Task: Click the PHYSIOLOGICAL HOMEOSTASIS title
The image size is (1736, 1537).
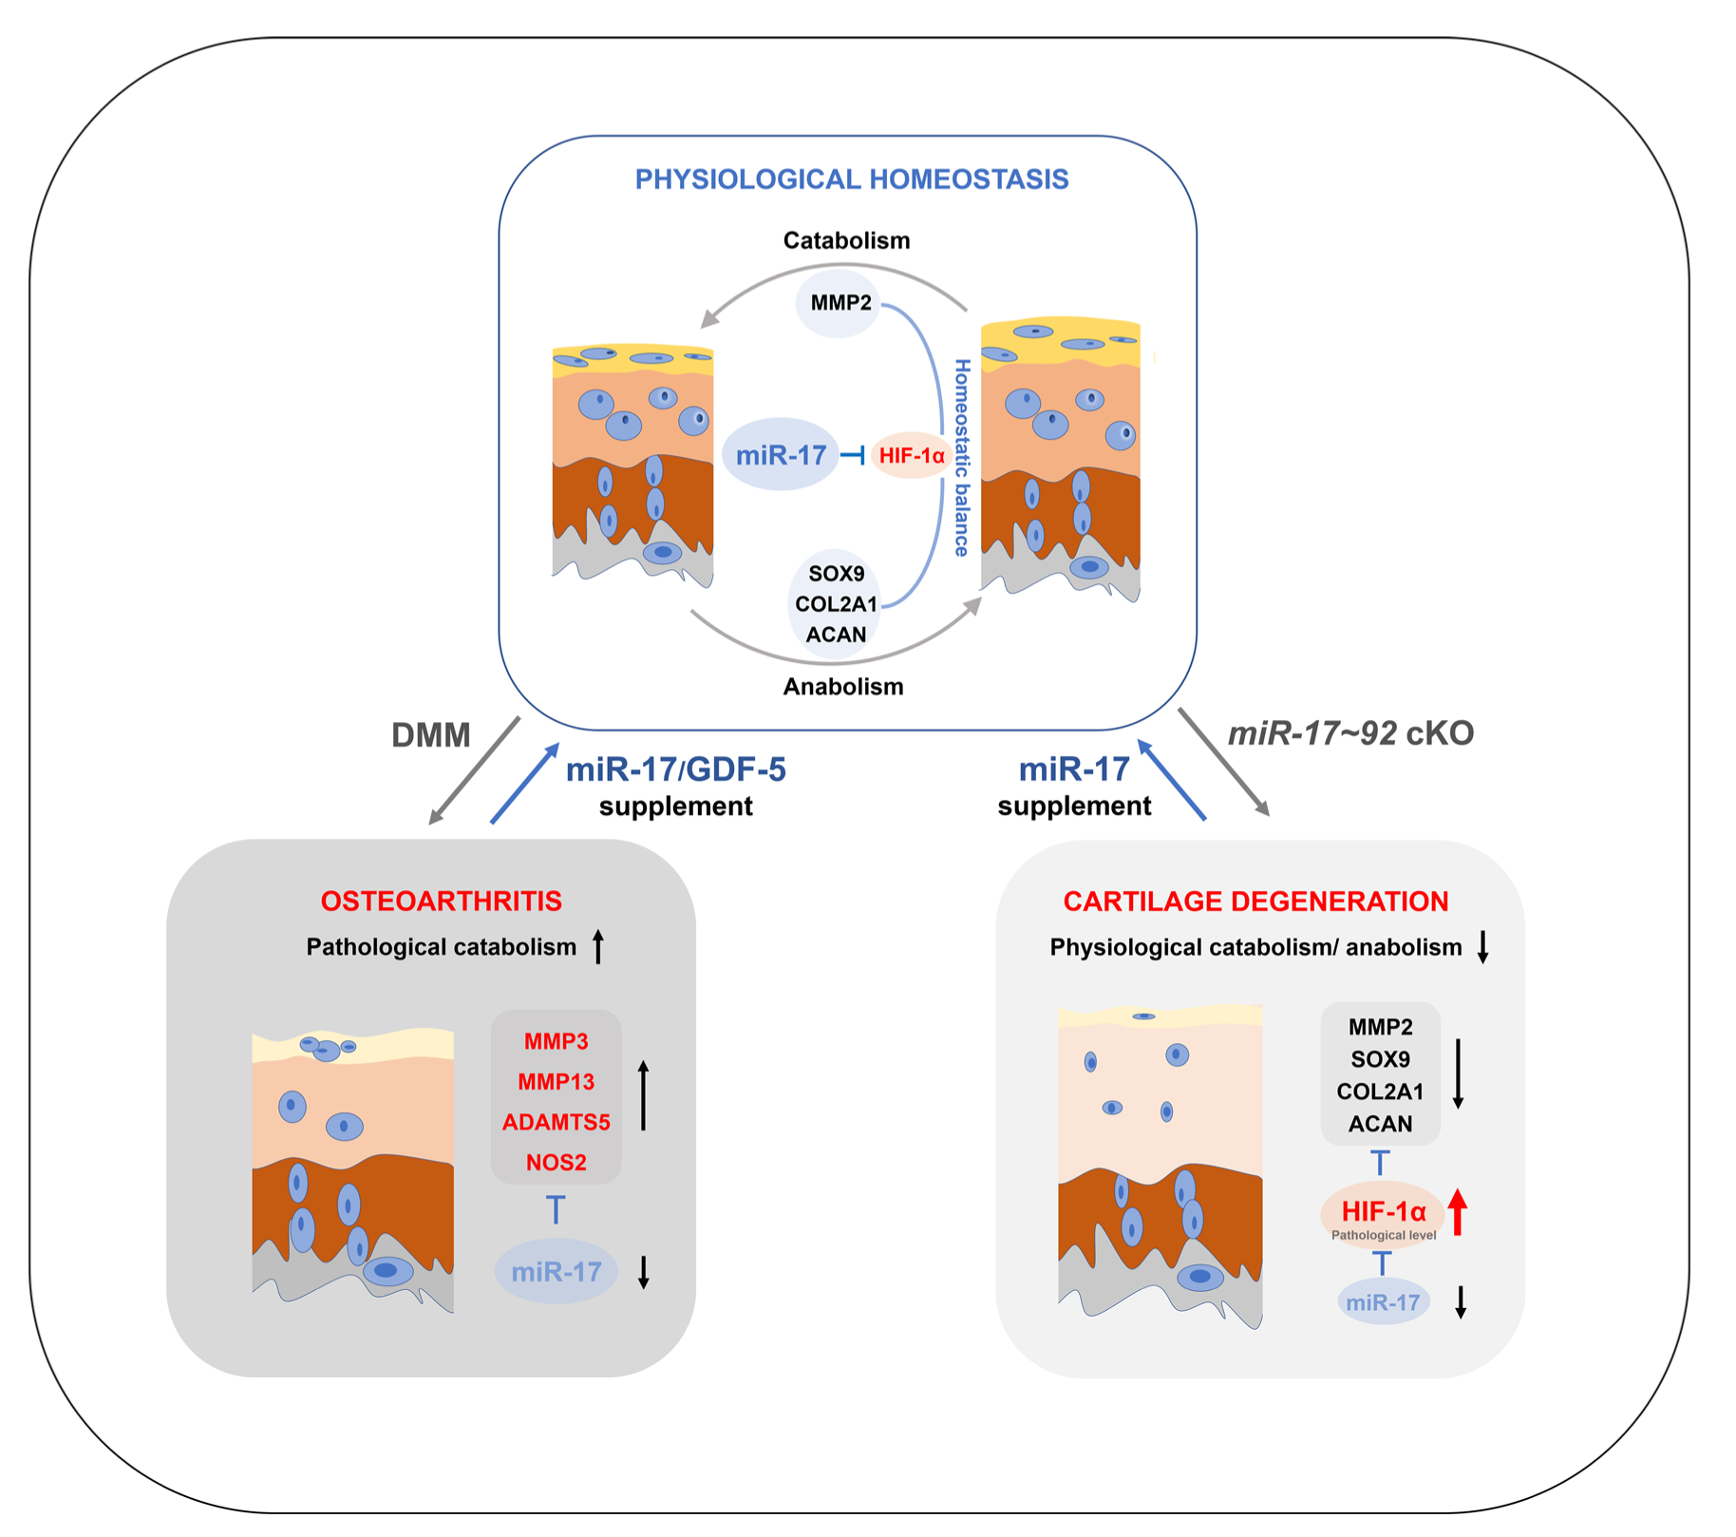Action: coord(851,180)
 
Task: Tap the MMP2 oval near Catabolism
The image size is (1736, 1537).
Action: coord(840,303)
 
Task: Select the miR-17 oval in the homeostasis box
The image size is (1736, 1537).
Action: coord(781,455)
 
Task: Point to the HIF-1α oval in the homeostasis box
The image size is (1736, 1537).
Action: coord(912,456)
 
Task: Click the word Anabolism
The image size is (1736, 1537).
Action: coord(842,687)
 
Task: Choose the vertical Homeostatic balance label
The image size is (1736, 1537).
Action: coord(961,458)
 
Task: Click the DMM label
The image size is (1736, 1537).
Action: coord(431,735)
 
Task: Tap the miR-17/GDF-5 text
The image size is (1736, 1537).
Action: coord(675,769)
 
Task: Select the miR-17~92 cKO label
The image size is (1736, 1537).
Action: coord(1350,733)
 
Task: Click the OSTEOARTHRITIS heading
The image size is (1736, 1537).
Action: coord(441,901)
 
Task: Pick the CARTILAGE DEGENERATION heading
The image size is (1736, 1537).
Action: coord(1255,901)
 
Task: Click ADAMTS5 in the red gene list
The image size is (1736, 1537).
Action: coord(556,1122)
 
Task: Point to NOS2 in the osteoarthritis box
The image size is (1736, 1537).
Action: coord(556,1163)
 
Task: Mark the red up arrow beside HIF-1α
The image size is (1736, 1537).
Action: coord(1458,1212)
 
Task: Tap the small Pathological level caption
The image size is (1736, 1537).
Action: coord(1383,1236)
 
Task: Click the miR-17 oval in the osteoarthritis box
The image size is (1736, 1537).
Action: coord(556,1271)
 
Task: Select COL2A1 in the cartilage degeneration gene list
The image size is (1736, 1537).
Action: coord(1380,1091)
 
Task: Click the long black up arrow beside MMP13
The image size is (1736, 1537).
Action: coord(643,1095)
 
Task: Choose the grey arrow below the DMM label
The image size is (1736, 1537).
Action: coord(475,770)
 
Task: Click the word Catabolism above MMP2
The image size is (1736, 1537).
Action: coord(846,240)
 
